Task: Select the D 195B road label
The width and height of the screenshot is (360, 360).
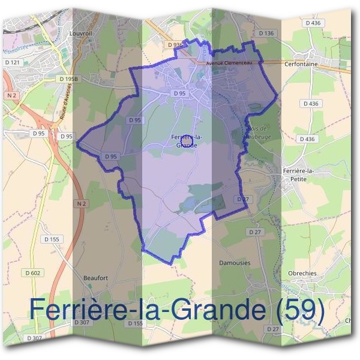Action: pyautogui.click(x=70, y=79)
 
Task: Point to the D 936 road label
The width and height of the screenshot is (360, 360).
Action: pyautogui.click(x=175, y=45)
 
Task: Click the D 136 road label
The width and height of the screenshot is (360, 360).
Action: pyautogui.click(x=266, y=33)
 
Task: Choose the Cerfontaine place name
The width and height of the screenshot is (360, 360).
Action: pyautogui.click(x=319, y=62)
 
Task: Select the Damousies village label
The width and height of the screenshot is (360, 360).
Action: pyautogui.click(x=235, y=263)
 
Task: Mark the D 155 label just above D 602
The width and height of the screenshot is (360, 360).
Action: pyautogui.click(x=52, y=239)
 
